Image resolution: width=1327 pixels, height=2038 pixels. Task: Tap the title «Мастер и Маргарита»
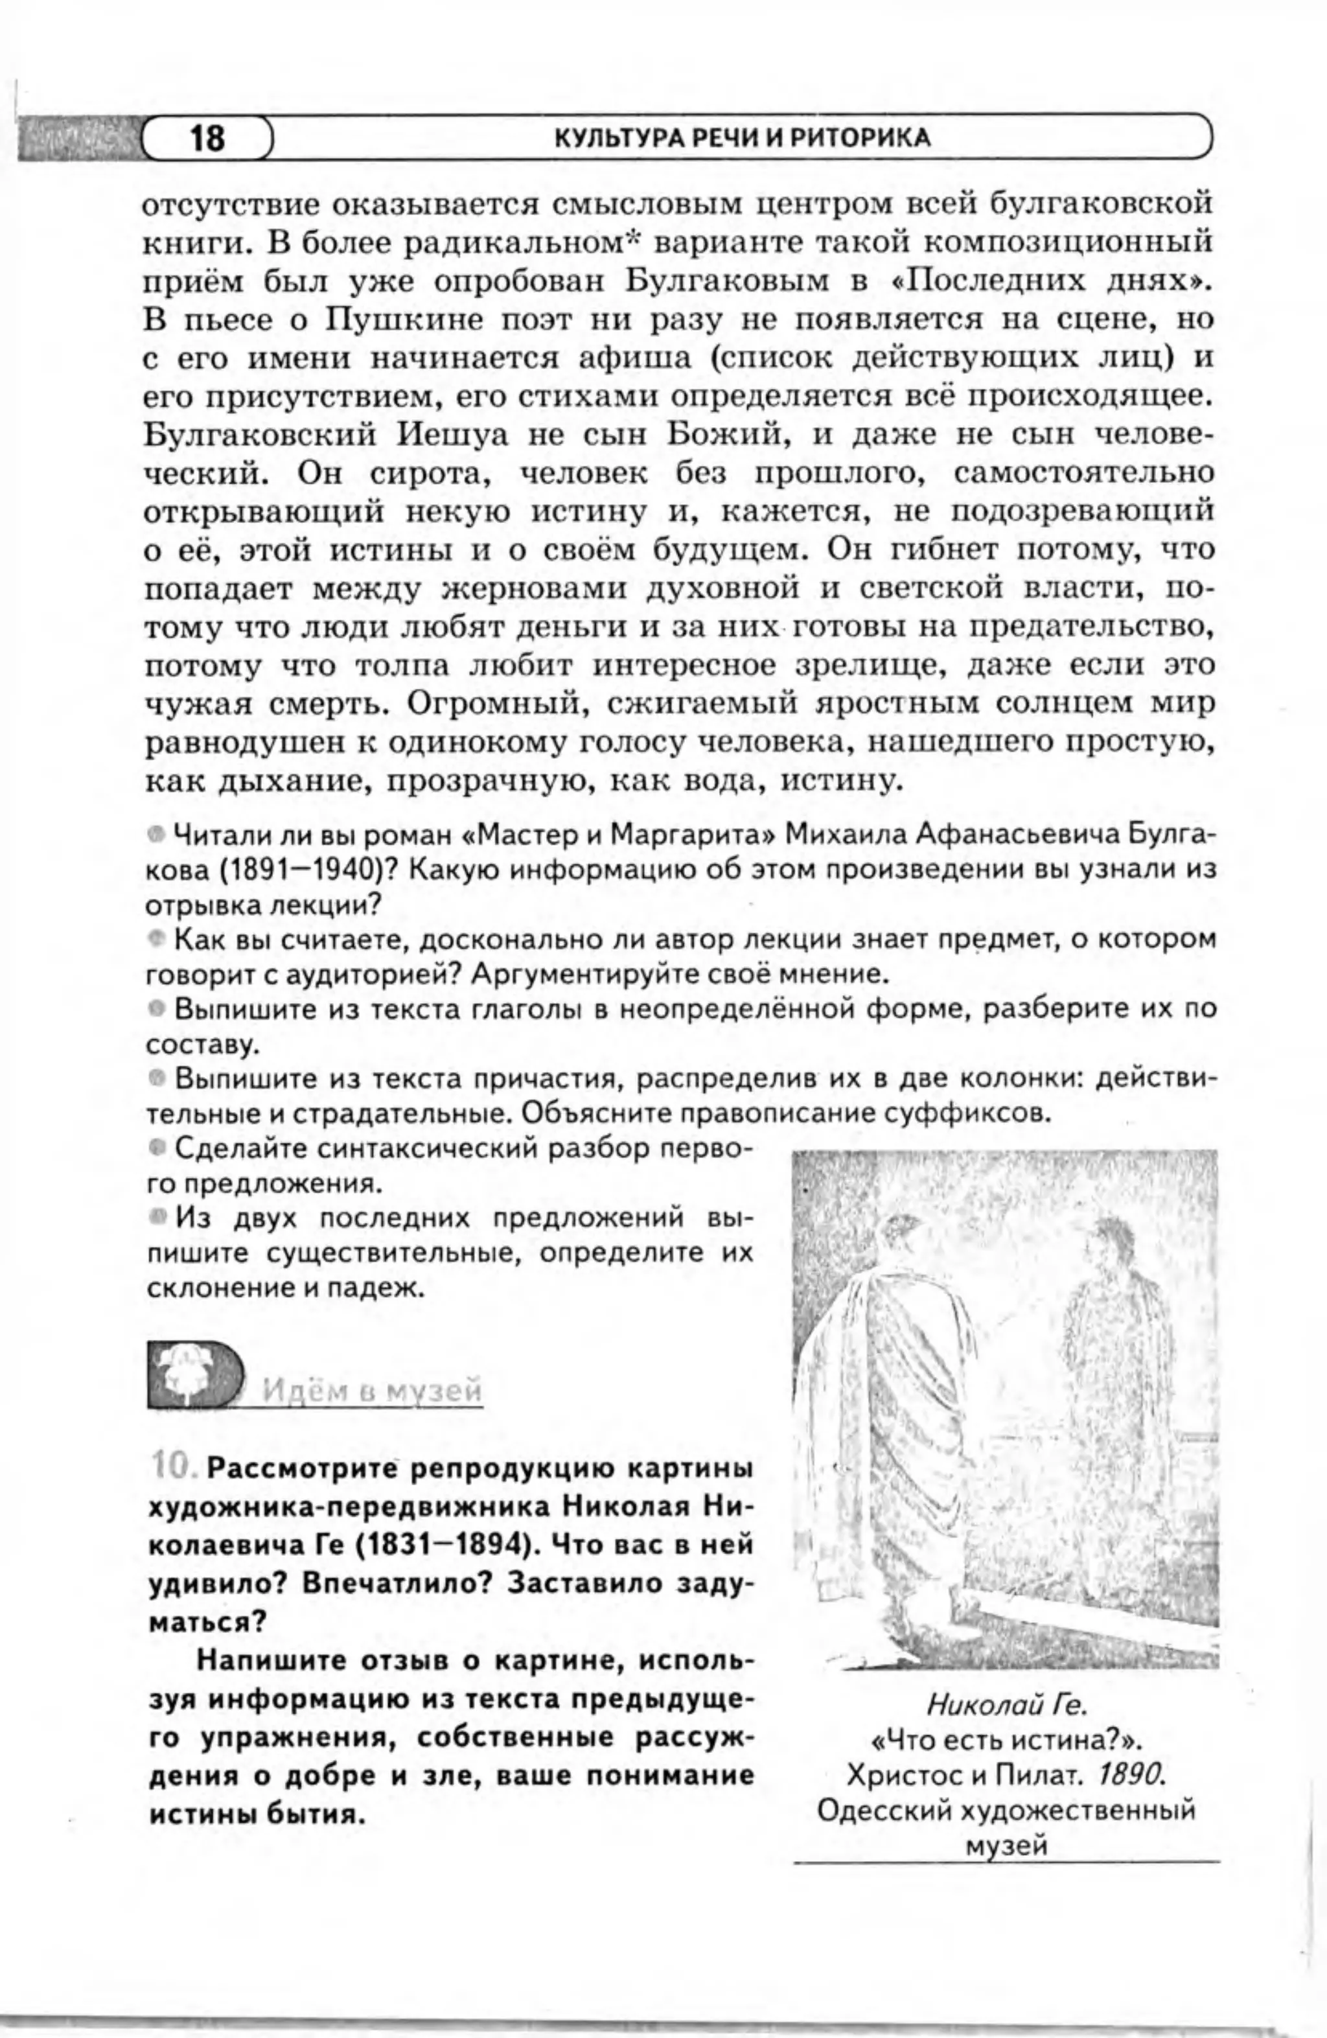(618, 833)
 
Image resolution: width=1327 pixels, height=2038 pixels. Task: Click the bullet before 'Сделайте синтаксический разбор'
(156, 1146)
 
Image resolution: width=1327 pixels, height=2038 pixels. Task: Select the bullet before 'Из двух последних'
(156, 1215)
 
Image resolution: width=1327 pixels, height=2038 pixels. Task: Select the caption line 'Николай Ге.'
(1007, 1705)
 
